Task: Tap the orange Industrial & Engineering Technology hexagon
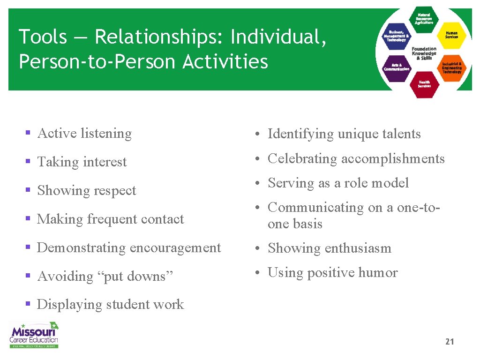point(451,68)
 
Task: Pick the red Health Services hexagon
point(424,84)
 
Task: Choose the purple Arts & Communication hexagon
point(397,67)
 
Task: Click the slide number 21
point(450,342)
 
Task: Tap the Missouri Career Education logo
point(34,335)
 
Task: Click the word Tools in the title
point(43,37)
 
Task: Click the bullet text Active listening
point(84,134)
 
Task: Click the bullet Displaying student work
point(110,304)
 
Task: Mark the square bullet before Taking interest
point(28,162)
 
